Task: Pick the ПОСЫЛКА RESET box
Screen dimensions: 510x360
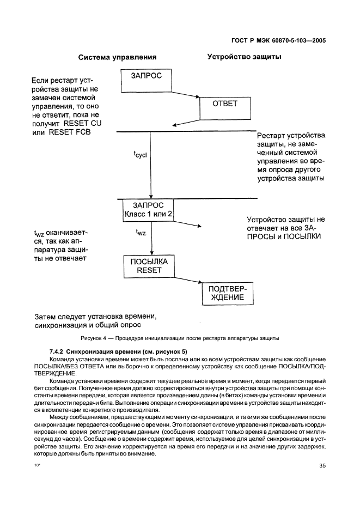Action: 149,265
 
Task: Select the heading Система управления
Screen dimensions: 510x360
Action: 117,57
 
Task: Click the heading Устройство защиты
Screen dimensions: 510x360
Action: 244,56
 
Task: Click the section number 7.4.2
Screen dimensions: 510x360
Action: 58,352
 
